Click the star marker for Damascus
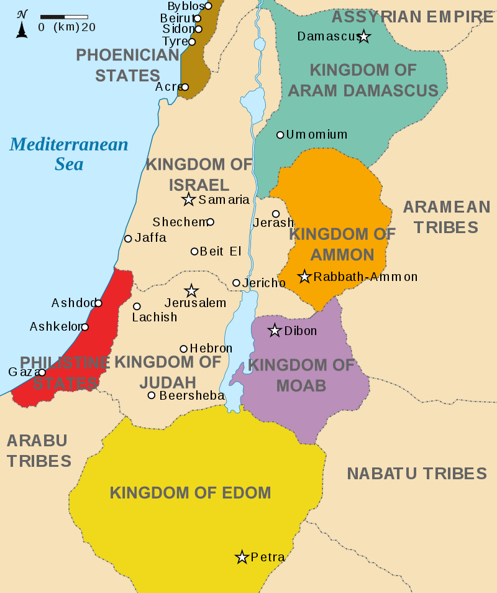pos(364,37)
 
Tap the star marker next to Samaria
pos(189,200)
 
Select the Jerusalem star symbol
pos(191,291)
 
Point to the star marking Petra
pos(242,557)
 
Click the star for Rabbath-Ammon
pos(304,277)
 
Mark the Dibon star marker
pos(275,331)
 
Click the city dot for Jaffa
pos(128,238)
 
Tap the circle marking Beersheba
pos(152,395)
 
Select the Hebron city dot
pos(184,349)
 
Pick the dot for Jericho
pos(236,283)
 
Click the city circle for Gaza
pos(42,372)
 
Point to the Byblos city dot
pos(208,6)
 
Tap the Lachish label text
pos(155,318)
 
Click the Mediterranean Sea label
pos(68,154)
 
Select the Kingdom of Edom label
pos(190,494)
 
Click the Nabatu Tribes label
pos(416,474)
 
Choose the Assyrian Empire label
pos(413,17)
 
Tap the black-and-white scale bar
pos(64,17)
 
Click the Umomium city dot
pos(280,135)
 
